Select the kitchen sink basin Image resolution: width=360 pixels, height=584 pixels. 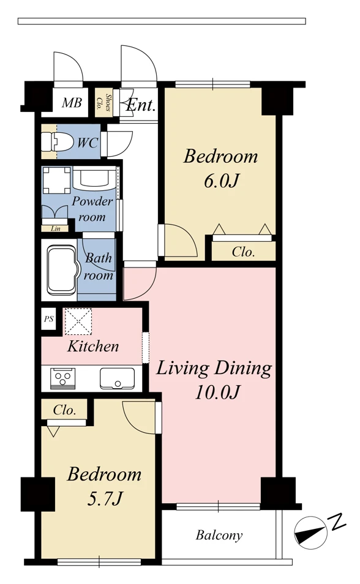117,378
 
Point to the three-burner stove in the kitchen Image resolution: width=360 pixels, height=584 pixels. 62,378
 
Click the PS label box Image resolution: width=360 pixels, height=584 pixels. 48,319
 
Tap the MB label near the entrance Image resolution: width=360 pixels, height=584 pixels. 72,102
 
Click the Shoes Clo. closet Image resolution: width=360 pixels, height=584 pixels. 103,102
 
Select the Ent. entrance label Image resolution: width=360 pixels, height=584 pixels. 140,105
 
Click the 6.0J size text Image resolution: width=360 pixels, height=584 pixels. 220,181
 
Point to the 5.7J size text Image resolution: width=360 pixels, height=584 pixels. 105,498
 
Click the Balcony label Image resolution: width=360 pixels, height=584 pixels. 219,535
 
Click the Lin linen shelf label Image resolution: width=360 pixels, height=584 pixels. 55,228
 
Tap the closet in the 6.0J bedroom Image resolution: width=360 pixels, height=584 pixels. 243,252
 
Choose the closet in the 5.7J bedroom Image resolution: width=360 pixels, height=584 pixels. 64,410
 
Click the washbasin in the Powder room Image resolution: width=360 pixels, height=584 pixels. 94,178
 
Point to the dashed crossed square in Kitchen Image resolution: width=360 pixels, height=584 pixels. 78,321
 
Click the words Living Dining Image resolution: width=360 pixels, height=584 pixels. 214,369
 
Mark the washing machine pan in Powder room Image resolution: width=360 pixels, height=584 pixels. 57,180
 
